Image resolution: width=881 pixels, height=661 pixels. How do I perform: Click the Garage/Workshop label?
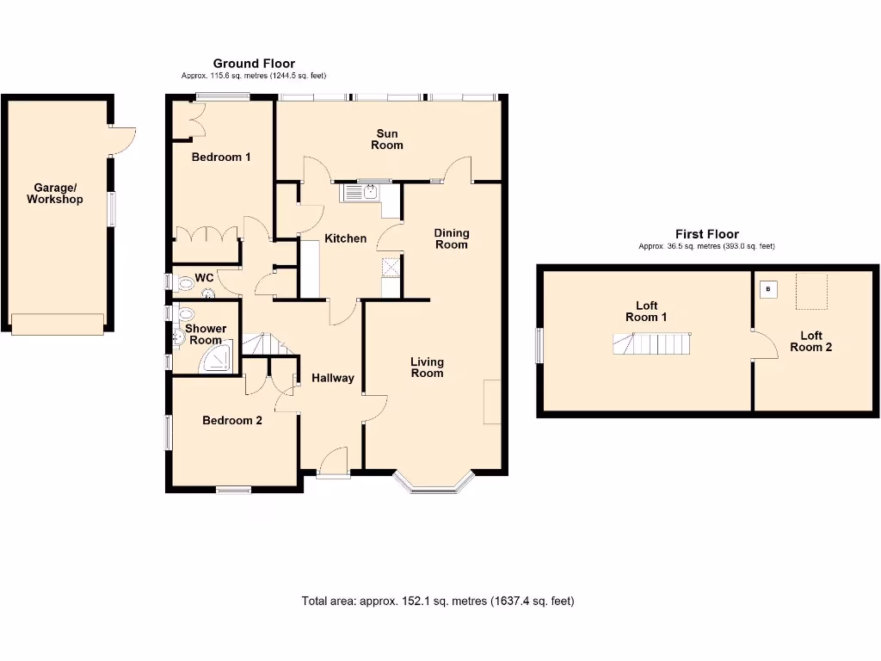click(55, 194)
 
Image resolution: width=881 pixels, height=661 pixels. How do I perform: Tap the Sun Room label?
click(387, 139)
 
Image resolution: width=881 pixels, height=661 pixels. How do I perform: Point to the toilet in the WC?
click(185, 282)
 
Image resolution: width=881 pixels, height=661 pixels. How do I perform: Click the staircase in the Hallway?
click(267, 345)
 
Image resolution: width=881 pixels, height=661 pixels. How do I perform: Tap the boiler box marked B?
click(768, 289)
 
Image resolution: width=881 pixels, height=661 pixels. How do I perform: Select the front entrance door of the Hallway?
click(331, 462)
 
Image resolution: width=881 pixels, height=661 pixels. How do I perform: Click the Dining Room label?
click(452, 238)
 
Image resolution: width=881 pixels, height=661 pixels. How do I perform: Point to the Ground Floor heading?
click(254, 63)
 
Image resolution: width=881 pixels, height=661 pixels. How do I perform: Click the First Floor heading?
click(706, 234)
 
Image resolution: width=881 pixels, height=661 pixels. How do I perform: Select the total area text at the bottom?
click(438, 601)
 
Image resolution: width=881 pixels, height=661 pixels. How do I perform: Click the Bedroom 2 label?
click(232, 420)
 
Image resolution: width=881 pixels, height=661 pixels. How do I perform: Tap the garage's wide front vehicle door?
click(58, 324)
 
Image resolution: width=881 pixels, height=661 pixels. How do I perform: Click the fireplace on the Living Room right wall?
click(492, 401)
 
